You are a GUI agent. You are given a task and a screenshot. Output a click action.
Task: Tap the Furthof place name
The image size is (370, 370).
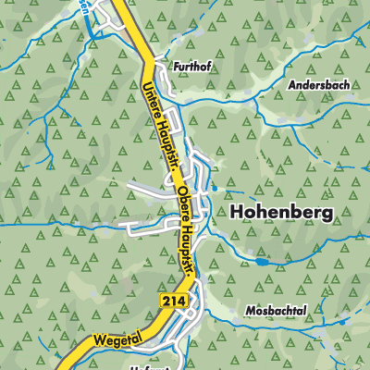(x=192, y=67)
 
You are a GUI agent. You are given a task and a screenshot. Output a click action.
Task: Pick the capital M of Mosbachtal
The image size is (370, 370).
(x=251, y=310)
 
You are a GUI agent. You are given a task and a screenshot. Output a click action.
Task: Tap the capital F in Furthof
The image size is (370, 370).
(x=176, y=67)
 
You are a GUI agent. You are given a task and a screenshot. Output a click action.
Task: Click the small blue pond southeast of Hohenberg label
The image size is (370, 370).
(x=265, y=262)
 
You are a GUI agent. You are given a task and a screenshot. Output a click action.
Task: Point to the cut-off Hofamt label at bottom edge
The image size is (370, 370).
(x=194, y=366)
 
